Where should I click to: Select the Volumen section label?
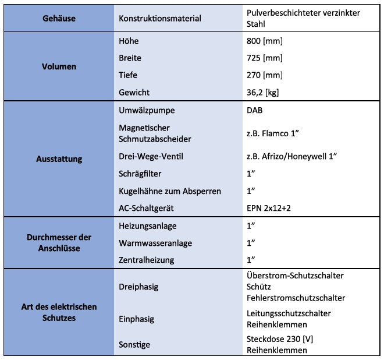point(59,66)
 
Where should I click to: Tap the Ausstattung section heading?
point(59,158)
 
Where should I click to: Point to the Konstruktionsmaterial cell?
point(160,18)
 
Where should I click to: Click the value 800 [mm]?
point(265,41)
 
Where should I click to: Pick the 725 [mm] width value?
point(265,58)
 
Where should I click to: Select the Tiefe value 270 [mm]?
point(265,75)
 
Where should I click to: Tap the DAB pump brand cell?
point(255,110)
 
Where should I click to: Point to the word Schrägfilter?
point(140,174)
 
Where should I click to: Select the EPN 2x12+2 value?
point(271,208)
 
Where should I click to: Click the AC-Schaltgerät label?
point(147,208)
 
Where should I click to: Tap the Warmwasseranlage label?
point(155,242)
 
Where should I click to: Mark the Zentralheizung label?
point(146,260)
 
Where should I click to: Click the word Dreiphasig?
point(138,286)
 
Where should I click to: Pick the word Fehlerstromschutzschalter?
point(296,298)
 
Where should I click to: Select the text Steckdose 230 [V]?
point(280,339)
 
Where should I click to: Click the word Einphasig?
point(137,319)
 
